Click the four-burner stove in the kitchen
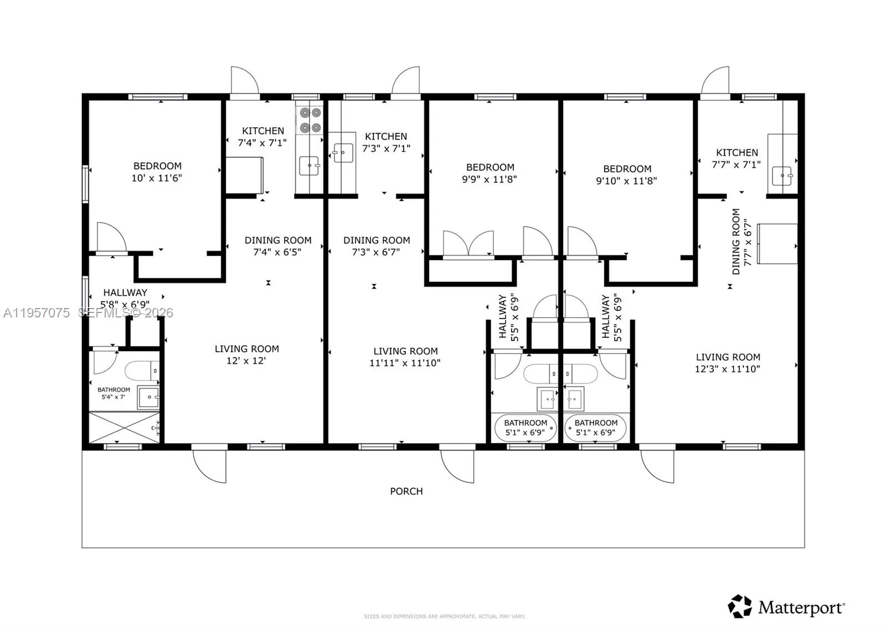[x=310, y=120]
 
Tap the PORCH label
[x=406, y=491]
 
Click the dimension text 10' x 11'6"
[x=157, y=178]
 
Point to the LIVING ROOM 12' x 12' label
[x=246, y=355]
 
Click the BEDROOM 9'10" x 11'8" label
[x=626, y=175]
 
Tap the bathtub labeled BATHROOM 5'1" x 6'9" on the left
[x=525, y=428]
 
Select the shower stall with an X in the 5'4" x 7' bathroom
[x=124, y=427]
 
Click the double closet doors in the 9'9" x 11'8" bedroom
[x=468, y=244]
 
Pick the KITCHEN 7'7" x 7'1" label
[x=736, y=158]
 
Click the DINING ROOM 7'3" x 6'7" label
[x=377, y=246]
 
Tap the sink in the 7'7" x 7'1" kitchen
[x=782, y=176]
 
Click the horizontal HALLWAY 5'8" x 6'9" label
[x=125, y=298]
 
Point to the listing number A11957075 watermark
[x=37, y=313]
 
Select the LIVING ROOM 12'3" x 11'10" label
[x=728, y=363]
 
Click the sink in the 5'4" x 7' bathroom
[x=149, y=397]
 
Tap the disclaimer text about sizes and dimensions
[x=444, y=616]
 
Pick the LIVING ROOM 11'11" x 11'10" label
[x=405, y=357]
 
